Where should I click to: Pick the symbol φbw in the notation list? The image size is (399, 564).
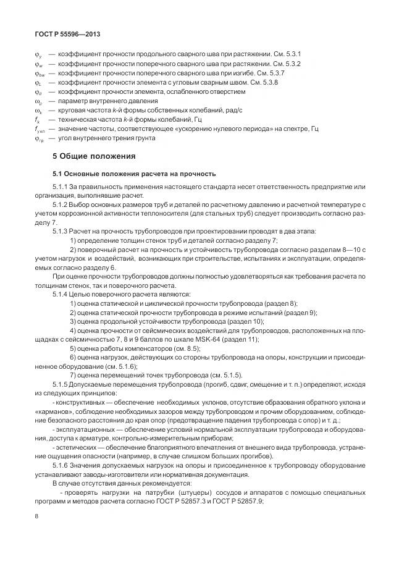39,74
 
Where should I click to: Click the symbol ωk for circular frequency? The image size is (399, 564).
38,109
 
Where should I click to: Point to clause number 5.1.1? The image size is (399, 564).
61,187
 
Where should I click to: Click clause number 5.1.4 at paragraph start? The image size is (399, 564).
61,295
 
